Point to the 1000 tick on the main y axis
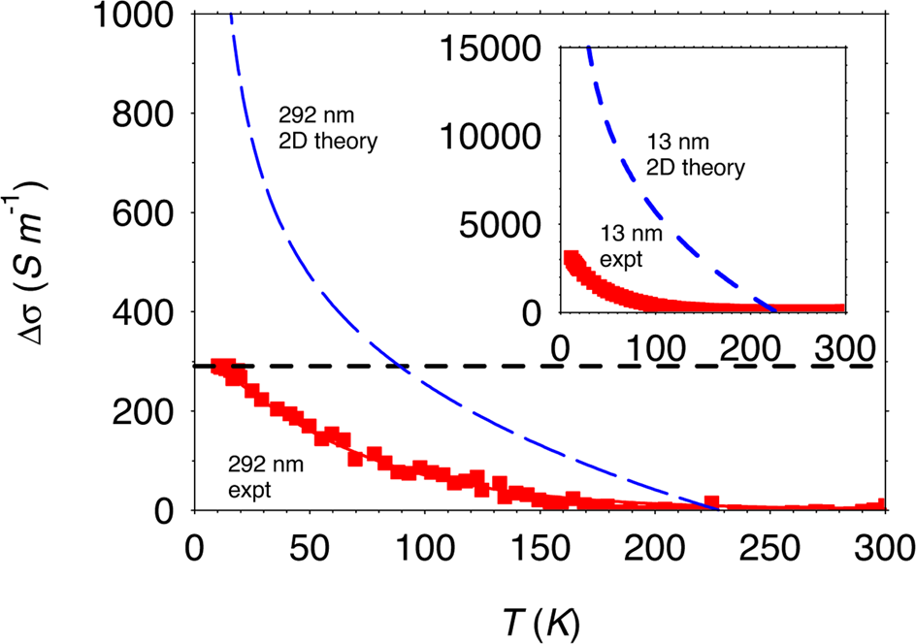pos(138,16)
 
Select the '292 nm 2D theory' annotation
pos(326,129)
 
